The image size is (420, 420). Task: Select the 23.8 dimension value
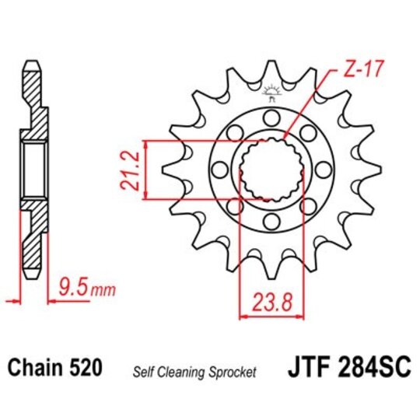pos(271,299)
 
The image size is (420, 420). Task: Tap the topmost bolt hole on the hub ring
pos(271,117)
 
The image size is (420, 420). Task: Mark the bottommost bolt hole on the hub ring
pos(271,223)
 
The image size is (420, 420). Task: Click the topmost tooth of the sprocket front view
pos(271,72)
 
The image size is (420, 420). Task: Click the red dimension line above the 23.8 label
pos(271,317)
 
